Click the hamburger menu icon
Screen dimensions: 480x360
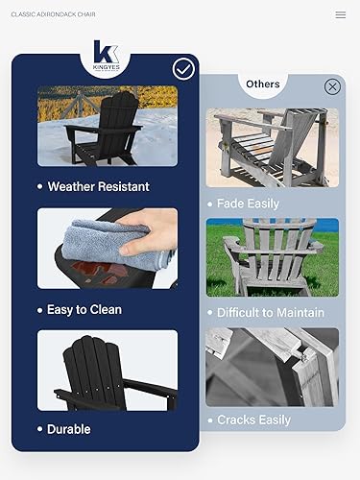point(340,14)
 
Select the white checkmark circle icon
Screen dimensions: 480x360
point(183,68)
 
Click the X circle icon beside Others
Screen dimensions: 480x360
point(332,86)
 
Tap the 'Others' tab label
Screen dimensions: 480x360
point(262,84)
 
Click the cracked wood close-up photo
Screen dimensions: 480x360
point(272,367)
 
